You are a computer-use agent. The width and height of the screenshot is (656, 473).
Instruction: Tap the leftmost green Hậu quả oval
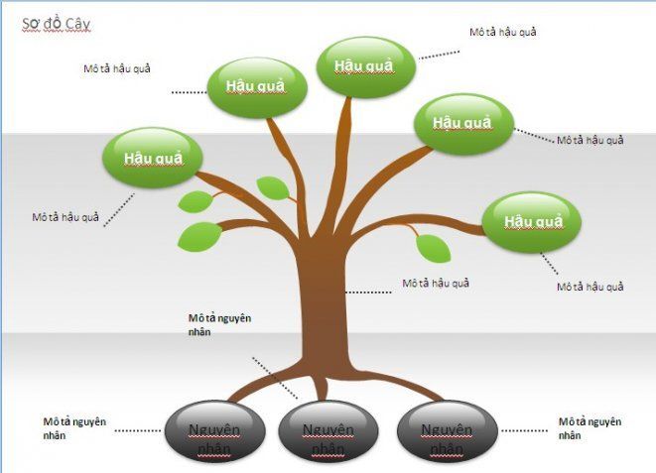153,158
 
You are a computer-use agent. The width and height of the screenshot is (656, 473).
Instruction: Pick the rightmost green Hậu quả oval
532,220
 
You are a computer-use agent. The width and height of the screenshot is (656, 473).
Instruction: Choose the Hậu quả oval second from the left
255,86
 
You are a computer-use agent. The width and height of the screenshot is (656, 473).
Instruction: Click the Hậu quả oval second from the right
462,123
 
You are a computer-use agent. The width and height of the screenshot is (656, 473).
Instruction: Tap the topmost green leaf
271,186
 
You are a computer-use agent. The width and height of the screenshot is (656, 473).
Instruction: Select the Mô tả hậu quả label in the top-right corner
502,32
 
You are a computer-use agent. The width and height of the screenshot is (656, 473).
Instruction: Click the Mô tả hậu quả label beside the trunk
436,283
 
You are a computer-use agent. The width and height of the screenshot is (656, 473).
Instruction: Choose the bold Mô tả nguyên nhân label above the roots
220,325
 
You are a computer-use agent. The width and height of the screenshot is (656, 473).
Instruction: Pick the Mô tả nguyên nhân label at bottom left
74,427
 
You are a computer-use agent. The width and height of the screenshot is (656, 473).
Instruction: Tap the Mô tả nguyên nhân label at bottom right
590,427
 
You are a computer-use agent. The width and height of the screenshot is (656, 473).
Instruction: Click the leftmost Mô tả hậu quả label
66,217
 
